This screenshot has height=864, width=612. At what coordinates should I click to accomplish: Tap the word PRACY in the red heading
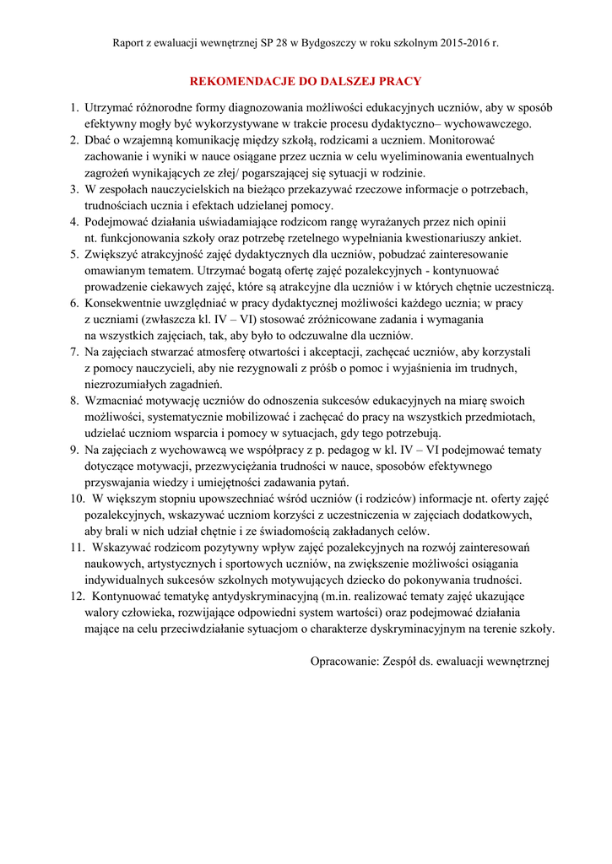click(x=398, y=82)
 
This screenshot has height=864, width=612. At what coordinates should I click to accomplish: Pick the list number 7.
click(x=73, y=352)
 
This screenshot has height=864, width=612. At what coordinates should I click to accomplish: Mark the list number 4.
click(x=73, y=222)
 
